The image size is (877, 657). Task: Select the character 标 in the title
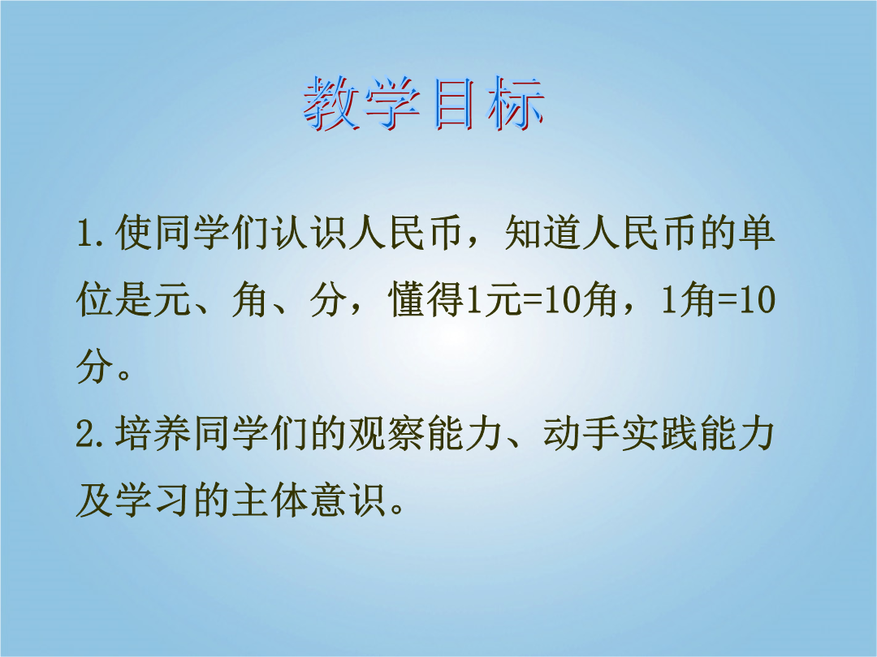(x=516, y=104)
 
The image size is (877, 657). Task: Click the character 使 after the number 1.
(x=134, y=233)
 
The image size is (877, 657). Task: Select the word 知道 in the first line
(x=542, y=233)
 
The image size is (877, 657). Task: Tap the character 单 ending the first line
(x=757, y=233)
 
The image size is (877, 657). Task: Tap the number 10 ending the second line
(x=758, y=300)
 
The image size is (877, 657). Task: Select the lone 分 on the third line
(x=95, y=367)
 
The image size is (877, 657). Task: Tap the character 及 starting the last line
(x=95, y=500)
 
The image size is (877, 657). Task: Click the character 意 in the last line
(x=328, y=500)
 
